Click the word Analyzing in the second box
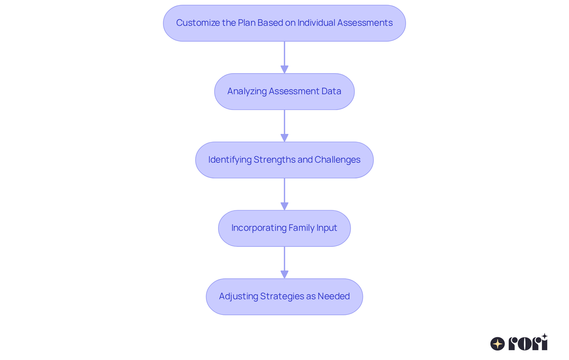pos(247,91)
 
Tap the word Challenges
pos(337,160)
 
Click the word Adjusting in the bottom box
pos(238,296)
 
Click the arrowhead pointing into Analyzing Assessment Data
pos(284,69)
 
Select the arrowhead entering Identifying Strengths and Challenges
pos(284,138)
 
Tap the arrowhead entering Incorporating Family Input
pos(284,206)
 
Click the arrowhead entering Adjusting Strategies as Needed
pos(284,274)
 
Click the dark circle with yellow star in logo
pos(498,344)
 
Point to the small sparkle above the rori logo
pos(544,336)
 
